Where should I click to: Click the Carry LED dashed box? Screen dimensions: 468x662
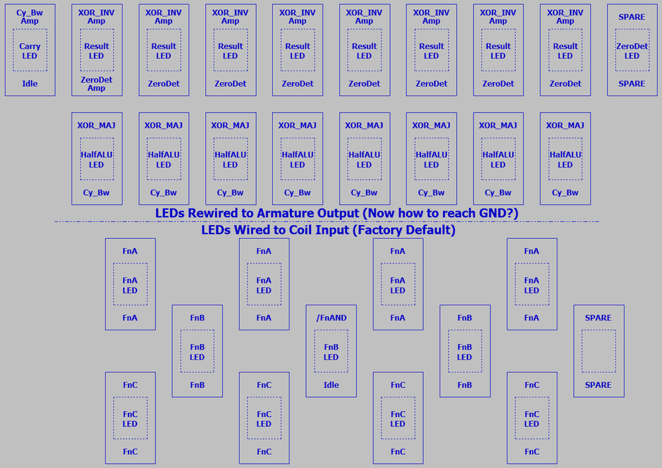pos(30,50)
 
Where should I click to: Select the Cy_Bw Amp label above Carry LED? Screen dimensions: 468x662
pos(30,17)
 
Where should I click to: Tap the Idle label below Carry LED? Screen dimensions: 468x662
pos(30,84)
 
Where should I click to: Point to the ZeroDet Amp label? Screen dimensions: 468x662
pos(97,84)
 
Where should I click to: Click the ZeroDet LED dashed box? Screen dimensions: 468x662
pos(632,50)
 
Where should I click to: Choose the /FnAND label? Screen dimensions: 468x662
pos(331,318)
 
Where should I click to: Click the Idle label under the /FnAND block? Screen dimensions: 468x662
pos(331,385)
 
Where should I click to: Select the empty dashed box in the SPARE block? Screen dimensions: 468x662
pos(598,351)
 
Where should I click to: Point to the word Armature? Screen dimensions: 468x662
pos(290,213)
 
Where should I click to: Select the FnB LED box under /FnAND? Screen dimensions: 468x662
pos(331,351)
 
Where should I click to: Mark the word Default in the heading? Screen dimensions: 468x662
pos(430,230)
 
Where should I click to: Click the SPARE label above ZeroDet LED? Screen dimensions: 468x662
pos(632,17)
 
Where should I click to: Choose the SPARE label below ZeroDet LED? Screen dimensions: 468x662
pos(632,84)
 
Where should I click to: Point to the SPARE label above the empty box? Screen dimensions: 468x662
pos(598,318)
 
